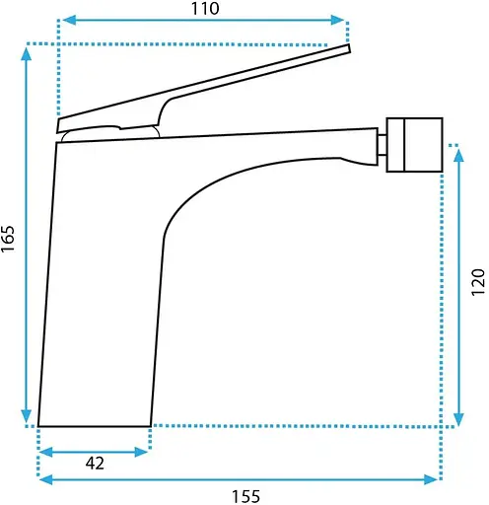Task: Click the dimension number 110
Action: click(205, 9)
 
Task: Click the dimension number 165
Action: click(8, 239)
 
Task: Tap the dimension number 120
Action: click(478, 282)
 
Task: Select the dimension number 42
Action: click(95, 464)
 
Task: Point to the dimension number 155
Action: click(246, 496)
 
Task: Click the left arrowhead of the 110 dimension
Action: click(69, 20)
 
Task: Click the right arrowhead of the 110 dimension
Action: click(337, 20)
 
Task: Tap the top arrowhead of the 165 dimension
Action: click(27, 54)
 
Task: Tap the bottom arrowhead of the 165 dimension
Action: click(27, 416)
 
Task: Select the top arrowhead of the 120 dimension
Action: click(458, 155)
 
